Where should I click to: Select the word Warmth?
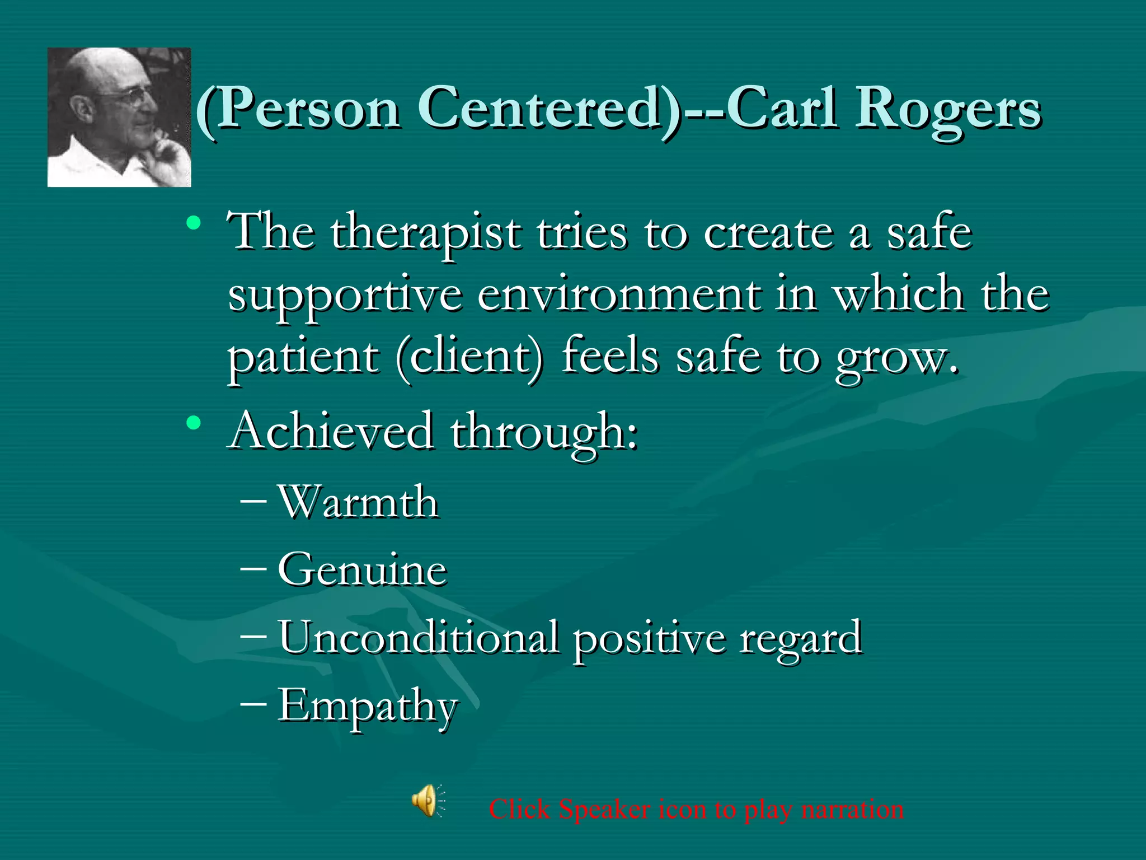point(358,502)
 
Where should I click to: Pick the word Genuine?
point(363,569)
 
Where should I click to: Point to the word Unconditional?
point(419,637)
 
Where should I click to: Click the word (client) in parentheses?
point(469,358)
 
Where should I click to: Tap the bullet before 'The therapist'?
point(194,223)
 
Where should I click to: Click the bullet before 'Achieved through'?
point(194,423)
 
